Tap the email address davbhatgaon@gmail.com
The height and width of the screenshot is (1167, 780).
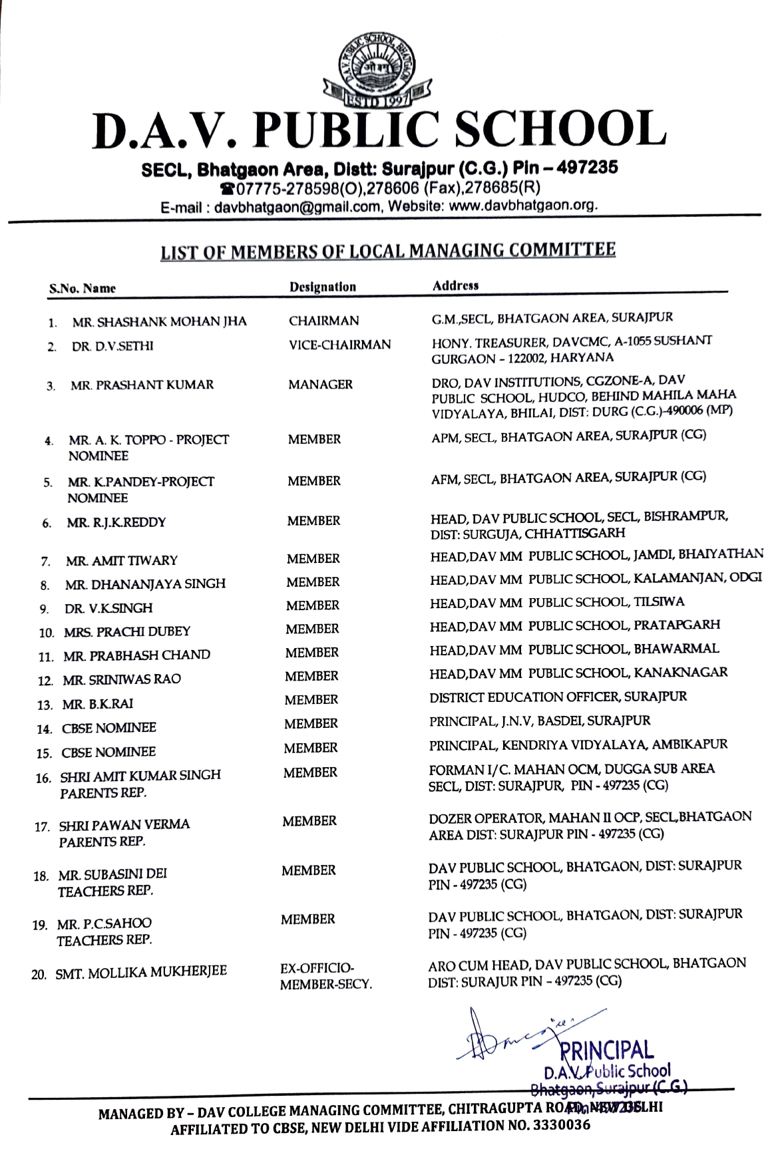[x=297, y=207]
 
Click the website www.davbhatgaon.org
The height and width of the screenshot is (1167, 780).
[x=523, y=206]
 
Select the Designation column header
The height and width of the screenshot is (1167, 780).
[x=323, y=287]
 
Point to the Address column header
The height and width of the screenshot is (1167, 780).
[x=456, y=285]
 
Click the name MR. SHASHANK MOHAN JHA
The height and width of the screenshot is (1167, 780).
[x=159, y=322]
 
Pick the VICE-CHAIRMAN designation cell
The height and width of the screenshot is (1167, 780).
[x=339, y=345]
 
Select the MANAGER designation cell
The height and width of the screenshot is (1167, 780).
[x=321, y=385]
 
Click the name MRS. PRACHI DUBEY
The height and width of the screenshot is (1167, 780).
[x=127, y=631]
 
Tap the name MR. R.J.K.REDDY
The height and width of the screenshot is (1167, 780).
[x=116, y=522]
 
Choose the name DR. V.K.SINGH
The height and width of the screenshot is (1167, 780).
[x=108, y=608]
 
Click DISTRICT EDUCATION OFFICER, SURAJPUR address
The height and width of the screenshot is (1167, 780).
[x=558, y=697]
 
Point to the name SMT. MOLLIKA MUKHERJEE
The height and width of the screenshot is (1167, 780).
[x=141, y=972]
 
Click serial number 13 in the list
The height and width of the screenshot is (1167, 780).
[x=45, y=705]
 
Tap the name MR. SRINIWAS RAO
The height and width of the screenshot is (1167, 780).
[x=122, y=679]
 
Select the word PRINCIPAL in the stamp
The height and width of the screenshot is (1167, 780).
[x=607, y=1051]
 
